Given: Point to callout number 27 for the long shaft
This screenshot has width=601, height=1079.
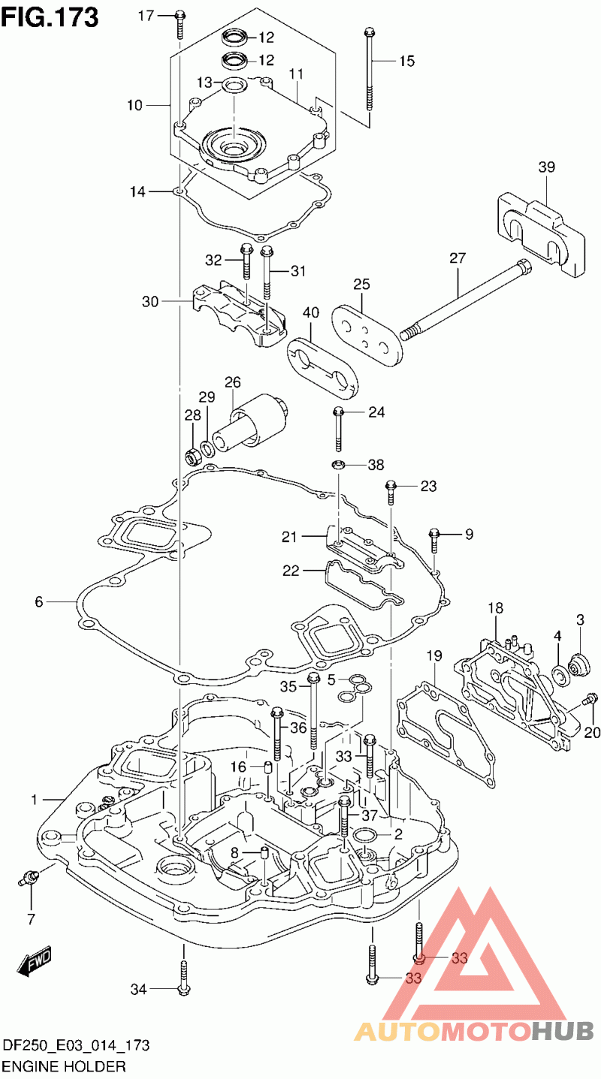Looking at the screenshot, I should point(458,258).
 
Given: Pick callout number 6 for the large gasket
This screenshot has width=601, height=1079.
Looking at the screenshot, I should point(39,601).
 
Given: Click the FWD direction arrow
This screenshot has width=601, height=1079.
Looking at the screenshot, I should point(34,964).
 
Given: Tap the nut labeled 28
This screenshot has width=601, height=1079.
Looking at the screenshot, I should point(192,454).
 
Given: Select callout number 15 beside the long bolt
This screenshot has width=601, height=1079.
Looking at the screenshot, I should point(406,62).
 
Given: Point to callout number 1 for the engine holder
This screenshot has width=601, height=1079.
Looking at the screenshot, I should point(34,800).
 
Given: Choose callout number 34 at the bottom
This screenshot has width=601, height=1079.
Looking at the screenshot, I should point(137,990).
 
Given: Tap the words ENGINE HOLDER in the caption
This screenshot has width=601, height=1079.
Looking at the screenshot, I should point(64,1066).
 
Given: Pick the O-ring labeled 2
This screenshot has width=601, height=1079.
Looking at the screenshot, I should point(366,836).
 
